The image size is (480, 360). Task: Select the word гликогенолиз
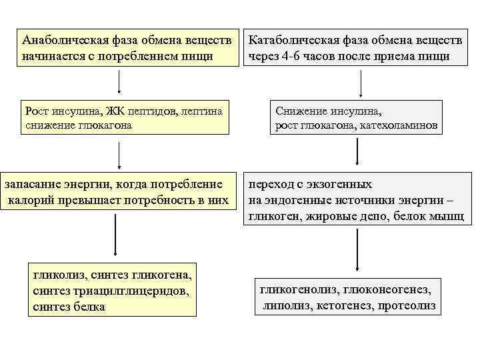[x=297, y=290]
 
